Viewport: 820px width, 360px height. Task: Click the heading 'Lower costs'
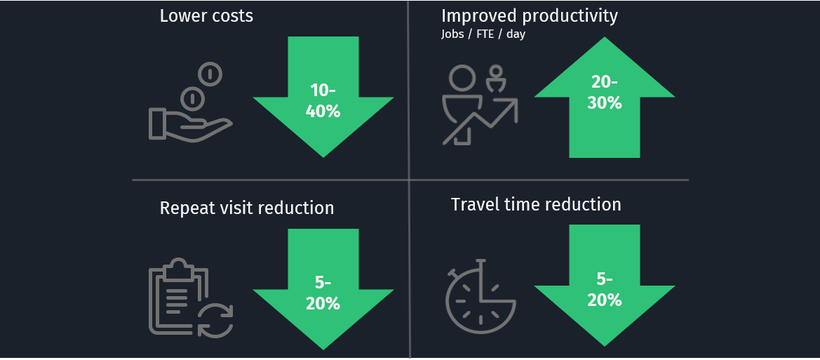pyautogui.click(x=206, y=15)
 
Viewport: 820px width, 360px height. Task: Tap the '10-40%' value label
pyautogui.click(x=323, y=100)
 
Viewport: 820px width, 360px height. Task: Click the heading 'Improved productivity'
pyautogui.click(x=530, y=15)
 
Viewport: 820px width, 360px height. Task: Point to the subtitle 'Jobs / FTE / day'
pyautogui.click(x=483, y=34)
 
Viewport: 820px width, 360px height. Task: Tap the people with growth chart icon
pyautogui.click(x=480, y=104)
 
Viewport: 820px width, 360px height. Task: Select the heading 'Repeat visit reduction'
pyautogui.click(x=247, y=208)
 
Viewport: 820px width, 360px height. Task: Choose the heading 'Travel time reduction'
pyautogui.click(x=536, y=204)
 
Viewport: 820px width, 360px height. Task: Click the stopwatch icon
pyautogui.click(x=480, y=295)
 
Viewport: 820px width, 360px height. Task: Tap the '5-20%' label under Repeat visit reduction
pyautogui.click(x=323, y=293)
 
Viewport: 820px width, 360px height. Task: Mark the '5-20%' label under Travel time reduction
pyautogui.click(x=605, y=290)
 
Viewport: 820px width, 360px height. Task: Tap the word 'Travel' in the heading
pyautogui.click(x=474, y=204)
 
